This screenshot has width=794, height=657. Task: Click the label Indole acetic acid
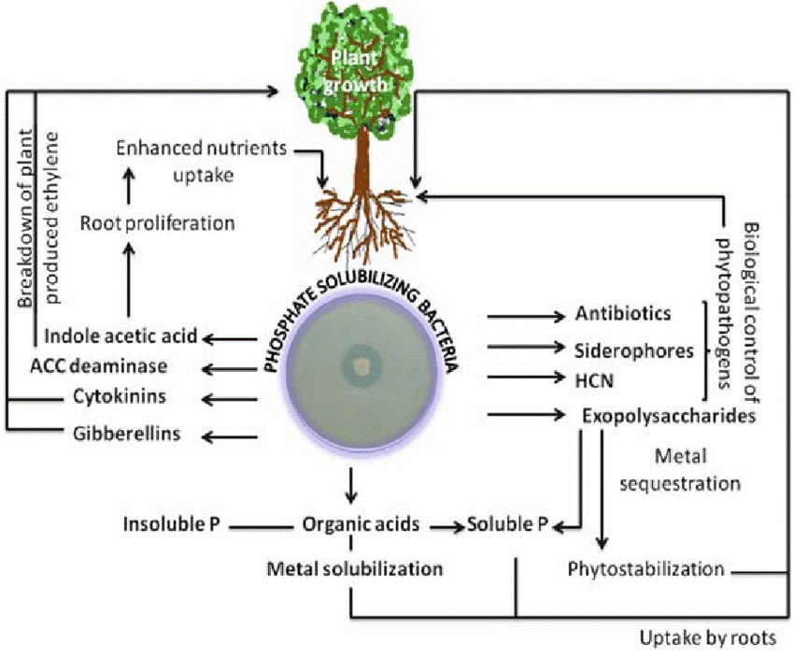pyautogui.click(x=121, y=336)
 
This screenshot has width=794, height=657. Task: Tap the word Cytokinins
pyautogui.click(x=121, y=396)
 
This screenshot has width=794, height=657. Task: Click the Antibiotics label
pyautogui.click(x=624, y=313)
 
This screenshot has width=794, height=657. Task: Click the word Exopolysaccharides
pyautogui.click(x=668, y=416)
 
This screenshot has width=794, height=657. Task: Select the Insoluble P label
pyautogui.click(x=177, y=524)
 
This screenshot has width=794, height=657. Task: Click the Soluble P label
pyautogui.click(x=507, y=524)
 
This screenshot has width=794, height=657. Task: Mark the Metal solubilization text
pyautogui.click(x=354, y=567)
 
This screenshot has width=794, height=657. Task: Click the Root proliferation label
pyautogui.click(x=157, y=223)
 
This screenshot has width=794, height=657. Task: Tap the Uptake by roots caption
pyautogui.click(x=708, y=639)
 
